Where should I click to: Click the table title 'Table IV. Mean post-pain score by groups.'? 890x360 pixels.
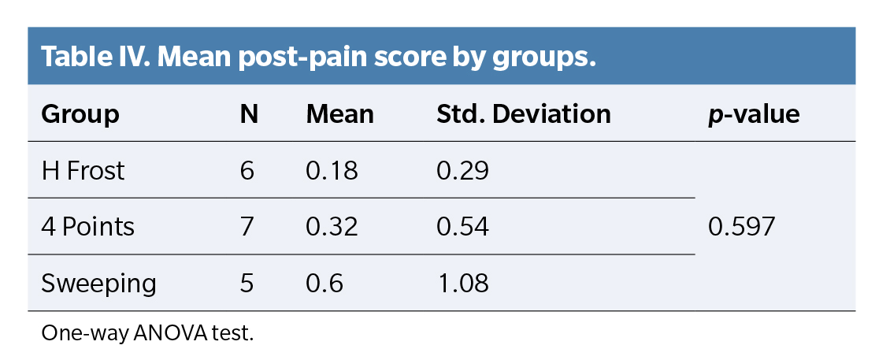(317, 58)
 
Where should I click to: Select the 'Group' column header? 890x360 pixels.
(80, 114)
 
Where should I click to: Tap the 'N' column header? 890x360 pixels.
(249, 114)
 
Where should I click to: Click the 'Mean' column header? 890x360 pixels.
(339, 114)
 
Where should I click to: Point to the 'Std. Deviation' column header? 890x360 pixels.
(524, 114)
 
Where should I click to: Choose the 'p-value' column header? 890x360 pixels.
(754, 114)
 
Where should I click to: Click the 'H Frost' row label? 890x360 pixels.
(83, 170)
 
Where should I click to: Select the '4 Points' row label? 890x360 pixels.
(87, 227)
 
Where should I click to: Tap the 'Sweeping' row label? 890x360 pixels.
(98, 284)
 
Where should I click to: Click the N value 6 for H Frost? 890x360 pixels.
(247, 170)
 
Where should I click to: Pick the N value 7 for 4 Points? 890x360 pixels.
(247, 227)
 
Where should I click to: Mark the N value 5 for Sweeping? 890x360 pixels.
(247, 284)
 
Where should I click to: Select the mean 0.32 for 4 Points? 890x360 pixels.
(332, 227)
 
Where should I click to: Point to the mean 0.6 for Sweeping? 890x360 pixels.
(324, 284)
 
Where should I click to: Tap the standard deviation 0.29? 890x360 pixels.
(462, 170)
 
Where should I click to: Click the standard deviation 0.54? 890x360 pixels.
(463, 227)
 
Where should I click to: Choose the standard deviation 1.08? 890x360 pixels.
(462, 284)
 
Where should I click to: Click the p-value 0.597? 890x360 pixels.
(742, 227)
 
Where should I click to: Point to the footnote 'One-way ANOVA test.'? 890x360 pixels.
(147, 332)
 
